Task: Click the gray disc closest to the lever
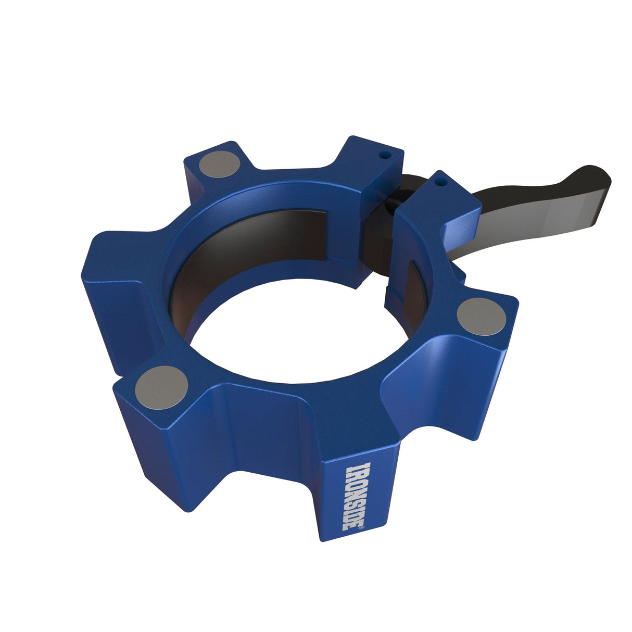point(481,317)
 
